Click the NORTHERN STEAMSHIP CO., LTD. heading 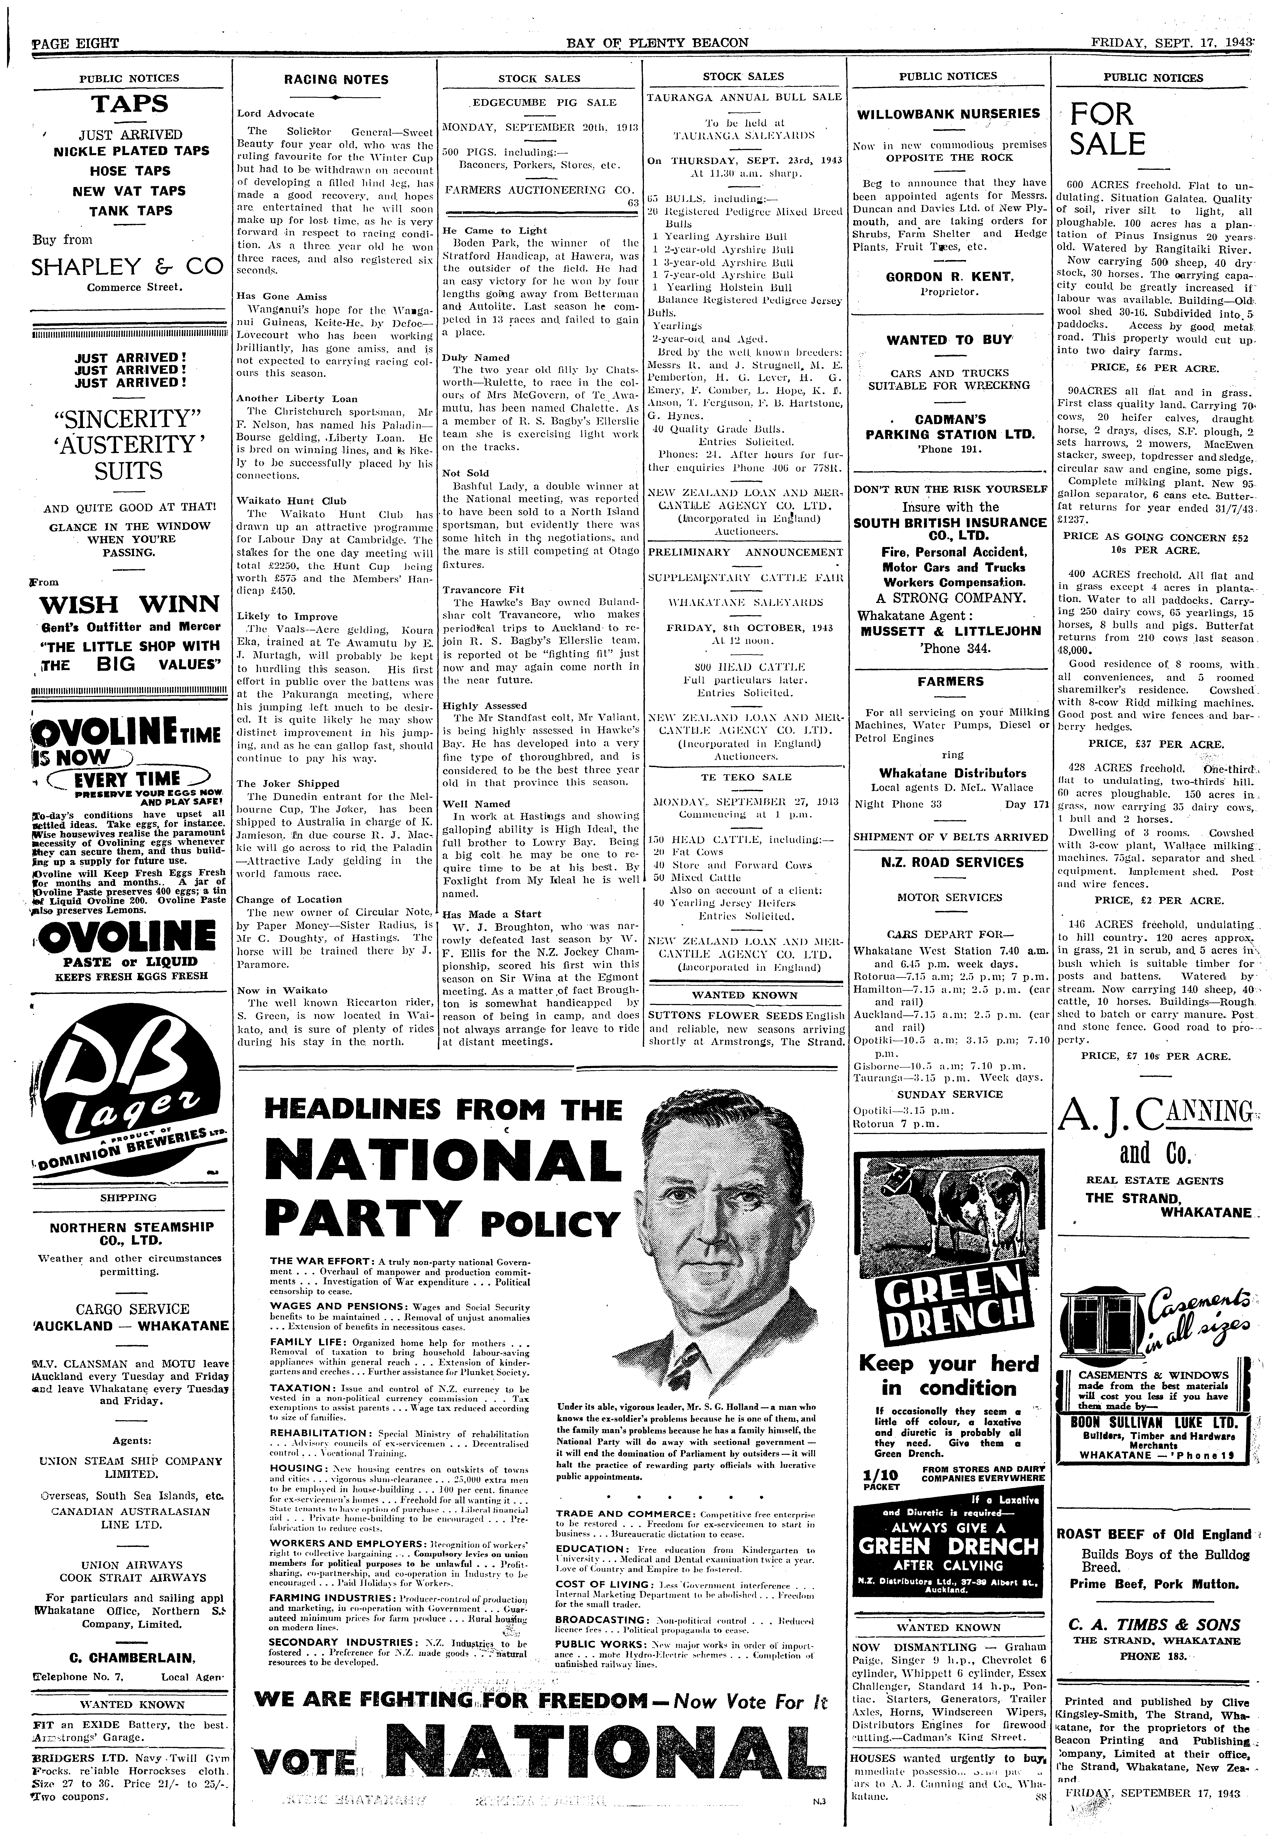132,1233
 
